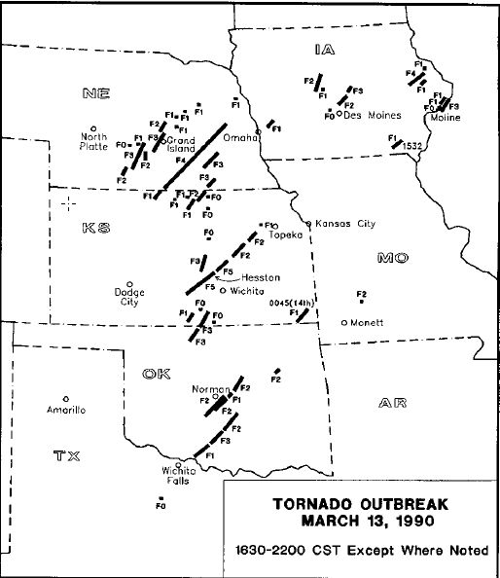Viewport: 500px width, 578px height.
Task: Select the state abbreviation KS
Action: [96, 227]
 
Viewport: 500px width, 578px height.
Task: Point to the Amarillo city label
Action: [66, 411]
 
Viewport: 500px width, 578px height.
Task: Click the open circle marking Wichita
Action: [223, 289]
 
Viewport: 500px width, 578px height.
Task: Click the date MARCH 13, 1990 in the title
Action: [361, 521]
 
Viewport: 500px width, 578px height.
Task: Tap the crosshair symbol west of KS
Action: [68, 202]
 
